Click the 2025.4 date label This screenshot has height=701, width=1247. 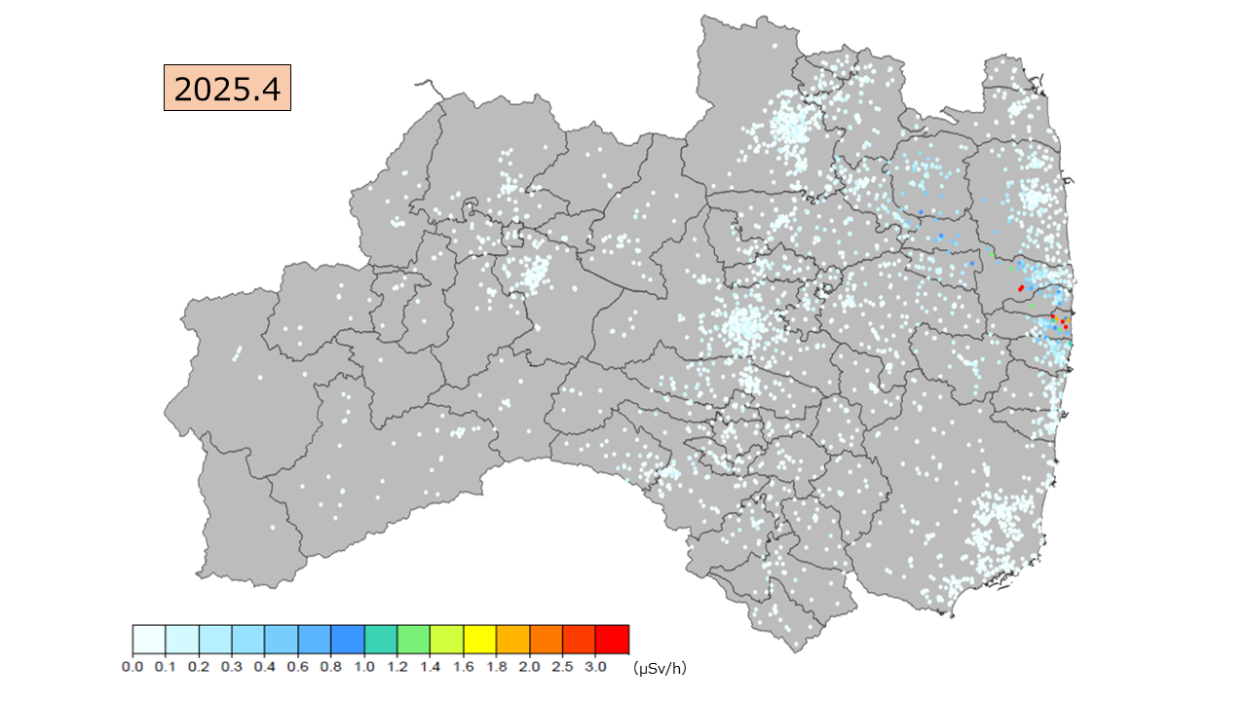coord(227,89)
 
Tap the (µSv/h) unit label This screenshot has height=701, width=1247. coord(660,668)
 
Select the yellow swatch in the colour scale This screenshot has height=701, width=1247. coord(480,639)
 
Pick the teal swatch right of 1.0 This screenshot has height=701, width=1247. coord(381,639)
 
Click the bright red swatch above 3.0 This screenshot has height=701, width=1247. coord(613,639)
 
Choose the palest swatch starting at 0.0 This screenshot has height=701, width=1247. coord(149,639)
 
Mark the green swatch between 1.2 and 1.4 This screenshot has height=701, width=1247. coord(414,639)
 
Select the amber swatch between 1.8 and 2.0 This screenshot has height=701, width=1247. coord(513,639)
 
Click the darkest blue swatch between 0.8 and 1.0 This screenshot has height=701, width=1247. coord(348,639)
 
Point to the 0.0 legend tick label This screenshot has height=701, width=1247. coord(132,667)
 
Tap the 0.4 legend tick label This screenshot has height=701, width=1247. coord(265,667)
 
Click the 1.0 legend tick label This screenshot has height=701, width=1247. coord(364,667)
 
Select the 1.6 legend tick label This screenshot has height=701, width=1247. coord(464,667)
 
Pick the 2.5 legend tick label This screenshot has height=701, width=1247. coord(563,667)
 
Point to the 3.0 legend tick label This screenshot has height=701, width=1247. coord(596,667)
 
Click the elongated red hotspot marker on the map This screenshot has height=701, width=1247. coord(1021,287)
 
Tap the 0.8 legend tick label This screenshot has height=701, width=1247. coord(331,667)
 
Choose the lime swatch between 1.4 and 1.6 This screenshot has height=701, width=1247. coord(447,639)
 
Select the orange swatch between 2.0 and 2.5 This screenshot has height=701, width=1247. coord(547,639)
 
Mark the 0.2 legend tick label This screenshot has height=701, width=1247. coord(199,667)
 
